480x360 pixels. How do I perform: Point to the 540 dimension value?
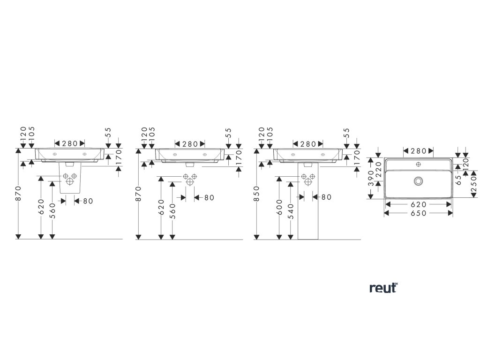coord(291,211)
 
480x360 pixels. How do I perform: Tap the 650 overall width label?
coord(418,213)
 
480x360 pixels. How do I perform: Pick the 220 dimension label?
coord(379,166)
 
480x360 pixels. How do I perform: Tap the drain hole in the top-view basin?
coord(418,180)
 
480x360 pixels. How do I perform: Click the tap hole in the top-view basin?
coord(418,165)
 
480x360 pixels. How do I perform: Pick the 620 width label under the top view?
coord(418,204)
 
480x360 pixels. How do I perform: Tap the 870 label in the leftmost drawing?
coord(18,193)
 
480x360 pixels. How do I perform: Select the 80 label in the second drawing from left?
coord(208,197)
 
